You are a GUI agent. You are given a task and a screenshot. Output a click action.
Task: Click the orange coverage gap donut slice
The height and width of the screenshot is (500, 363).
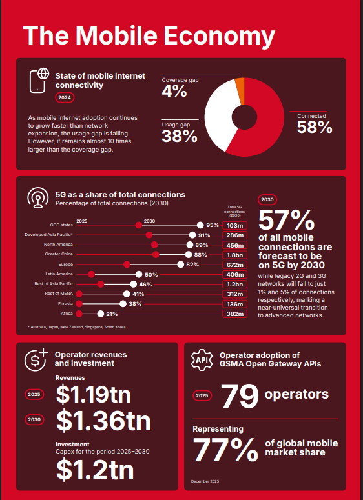tap(240, 85)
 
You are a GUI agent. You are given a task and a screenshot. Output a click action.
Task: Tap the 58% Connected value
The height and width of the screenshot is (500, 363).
tap(315, 127)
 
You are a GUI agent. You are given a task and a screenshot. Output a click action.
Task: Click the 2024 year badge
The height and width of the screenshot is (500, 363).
tap(65, 98)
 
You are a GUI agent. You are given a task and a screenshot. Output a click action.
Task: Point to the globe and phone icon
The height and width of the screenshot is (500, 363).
tap(40, 80)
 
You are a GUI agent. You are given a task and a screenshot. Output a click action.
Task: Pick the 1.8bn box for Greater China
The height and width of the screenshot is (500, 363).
tap(235, 255)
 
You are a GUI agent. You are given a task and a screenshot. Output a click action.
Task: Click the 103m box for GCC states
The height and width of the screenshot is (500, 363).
tap(235, 225)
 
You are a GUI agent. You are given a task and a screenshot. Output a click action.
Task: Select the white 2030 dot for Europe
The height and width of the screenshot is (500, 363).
tap(180, 265)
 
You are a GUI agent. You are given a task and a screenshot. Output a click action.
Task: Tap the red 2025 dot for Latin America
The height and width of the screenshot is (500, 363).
tap(91, 274)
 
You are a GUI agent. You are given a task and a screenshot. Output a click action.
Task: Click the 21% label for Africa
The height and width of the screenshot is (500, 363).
tap(111, 314)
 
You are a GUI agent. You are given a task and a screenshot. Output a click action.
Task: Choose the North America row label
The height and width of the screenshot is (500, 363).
tap(58, 245)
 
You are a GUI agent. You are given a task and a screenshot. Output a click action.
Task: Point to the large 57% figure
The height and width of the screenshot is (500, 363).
tap(286, 221)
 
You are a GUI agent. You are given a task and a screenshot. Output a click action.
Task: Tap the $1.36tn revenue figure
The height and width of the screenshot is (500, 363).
tap(103, 420)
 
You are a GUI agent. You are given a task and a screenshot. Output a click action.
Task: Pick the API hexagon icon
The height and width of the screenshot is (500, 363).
tap(201, 359)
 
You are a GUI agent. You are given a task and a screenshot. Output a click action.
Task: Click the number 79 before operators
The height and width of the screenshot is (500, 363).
tap(240, 395)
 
